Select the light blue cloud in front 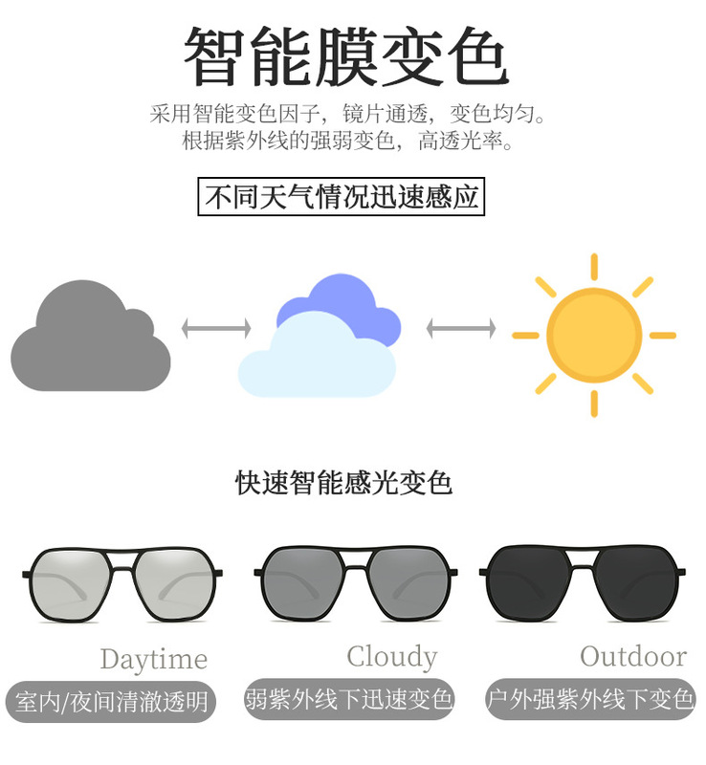(316, 361)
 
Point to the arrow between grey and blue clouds (215, 329)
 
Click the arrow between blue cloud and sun (461, 329)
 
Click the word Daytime (153, 660)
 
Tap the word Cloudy (391, 657)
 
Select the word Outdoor (632, 657)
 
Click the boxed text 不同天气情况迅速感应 (342, 198)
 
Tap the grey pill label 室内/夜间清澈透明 (111, 703)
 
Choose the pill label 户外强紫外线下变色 (589, 699)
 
